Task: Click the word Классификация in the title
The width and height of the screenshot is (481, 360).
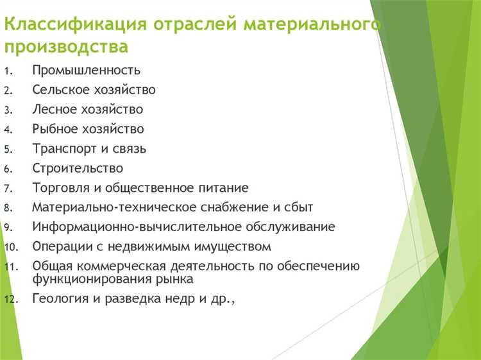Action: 75,25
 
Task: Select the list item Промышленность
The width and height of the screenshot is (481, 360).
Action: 87,71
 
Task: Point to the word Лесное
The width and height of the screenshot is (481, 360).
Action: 53,110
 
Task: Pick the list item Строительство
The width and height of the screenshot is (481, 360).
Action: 78,168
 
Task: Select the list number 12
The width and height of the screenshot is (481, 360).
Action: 9,299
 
